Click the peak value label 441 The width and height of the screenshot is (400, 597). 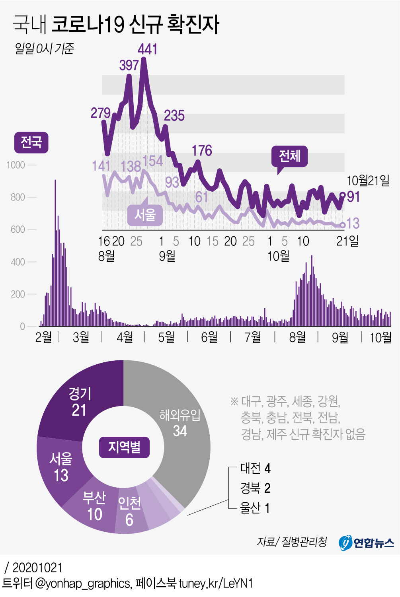point(148,49)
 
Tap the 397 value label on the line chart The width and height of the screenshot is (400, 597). point(129,65)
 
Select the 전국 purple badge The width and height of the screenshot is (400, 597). point(31,142)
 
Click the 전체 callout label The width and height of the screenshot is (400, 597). point(289,156)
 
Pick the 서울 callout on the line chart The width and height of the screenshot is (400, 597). point(145,215)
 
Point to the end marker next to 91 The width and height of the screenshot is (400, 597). point(343,194)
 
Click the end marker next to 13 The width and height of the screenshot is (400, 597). point(342,225)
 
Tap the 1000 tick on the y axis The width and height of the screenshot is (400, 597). point(16,165)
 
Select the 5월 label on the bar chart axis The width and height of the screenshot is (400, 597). point(166,338)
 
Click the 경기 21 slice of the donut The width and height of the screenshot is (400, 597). point(80,402)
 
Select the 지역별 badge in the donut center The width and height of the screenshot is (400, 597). point(124,447)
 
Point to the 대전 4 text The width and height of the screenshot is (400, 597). point(255,469)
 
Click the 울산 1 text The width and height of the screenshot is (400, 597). point(255,508)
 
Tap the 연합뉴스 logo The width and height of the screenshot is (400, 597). point(366,543)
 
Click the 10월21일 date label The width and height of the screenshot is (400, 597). point(368,181)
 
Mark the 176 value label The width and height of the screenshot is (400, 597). point(202,151)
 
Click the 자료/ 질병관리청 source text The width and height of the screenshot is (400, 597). point(292,542)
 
